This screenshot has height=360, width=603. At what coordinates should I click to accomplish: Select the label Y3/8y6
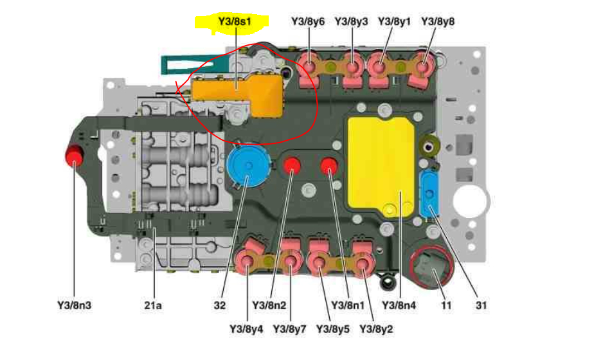(x=308, y=21)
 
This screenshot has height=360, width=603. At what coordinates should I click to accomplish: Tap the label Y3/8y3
(x=352, y=21)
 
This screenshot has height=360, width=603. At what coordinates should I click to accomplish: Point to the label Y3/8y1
(x=394, y=21)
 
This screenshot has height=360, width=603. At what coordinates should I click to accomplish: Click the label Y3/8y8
(x=438, y=21)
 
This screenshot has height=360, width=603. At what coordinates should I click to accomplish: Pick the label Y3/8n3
(x=75, y=305)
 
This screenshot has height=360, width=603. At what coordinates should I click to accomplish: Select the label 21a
(x=152, y=305)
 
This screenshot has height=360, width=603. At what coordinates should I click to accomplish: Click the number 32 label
(x=220, y=305)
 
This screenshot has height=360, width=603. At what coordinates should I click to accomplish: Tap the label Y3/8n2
(x=269, y=305)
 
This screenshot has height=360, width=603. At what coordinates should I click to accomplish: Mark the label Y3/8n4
(x=399, y=305)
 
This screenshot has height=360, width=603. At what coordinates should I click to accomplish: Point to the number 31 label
(x=482, y=305)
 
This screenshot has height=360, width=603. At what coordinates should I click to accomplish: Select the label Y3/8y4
(x=246, y=330)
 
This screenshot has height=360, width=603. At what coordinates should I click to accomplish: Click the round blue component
(x=245, y=166)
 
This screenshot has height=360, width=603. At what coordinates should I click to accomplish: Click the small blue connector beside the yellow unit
(x=429, y=194)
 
